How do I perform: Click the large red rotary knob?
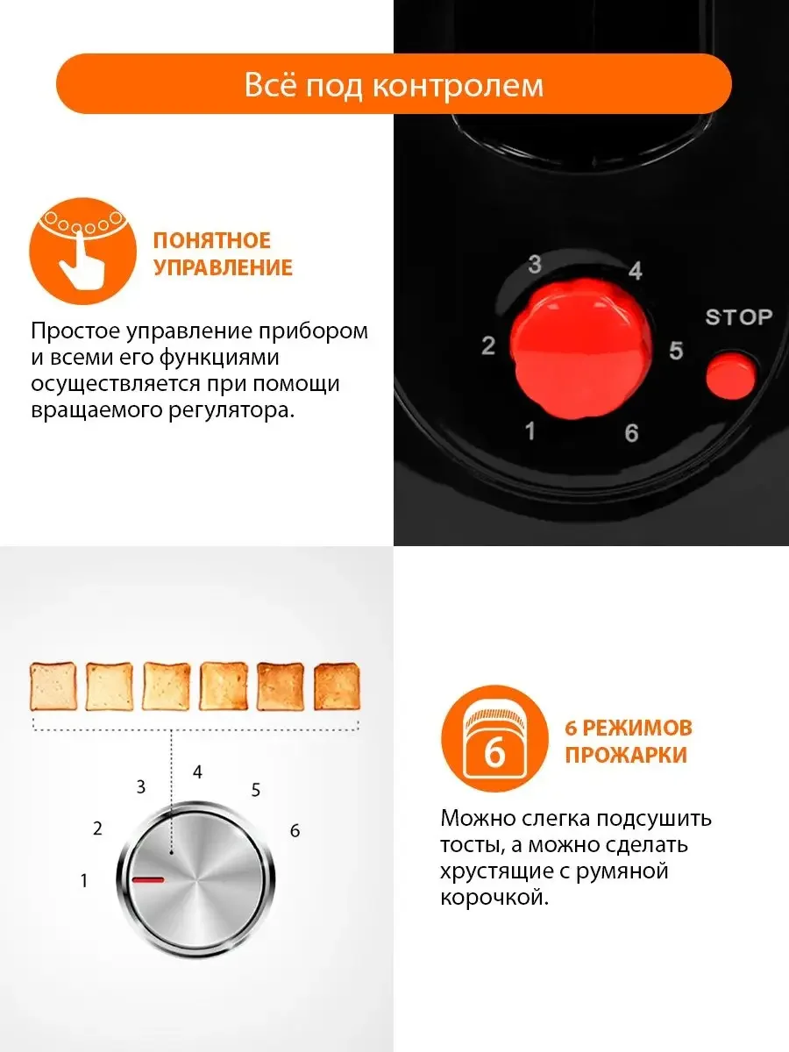(x=580, y=348)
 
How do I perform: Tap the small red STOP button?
(x=730, y=376)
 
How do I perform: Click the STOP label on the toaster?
(x=739, y=316)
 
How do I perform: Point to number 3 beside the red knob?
(x=535, y=264)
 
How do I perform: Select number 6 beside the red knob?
(x=631, y=433)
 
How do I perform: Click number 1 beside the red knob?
(x=530, y=430)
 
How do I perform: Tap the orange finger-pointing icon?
(x=83, y=251)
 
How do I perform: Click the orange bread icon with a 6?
(x=494, y=738)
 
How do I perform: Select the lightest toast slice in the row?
(x=53, y=686)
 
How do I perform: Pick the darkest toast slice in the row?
(x=337, y=686)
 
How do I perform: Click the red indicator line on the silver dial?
(x=148, y=880)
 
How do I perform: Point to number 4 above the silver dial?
(x=197, y=772)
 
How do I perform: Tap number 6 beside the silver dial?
(x=295, y=830)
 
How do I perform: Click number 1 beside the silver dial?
(x=84, y=880)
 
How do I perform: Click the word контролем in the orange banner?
(x=458, y=86)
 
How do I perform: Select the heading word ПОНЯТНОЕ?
(x=212, y=240)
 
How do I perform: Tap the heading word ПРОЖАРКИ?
(x=626, y=755)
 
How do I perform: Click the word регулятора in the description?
(x=231, y=410)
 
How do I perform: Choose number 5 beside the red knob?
(x=676, y=351)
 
